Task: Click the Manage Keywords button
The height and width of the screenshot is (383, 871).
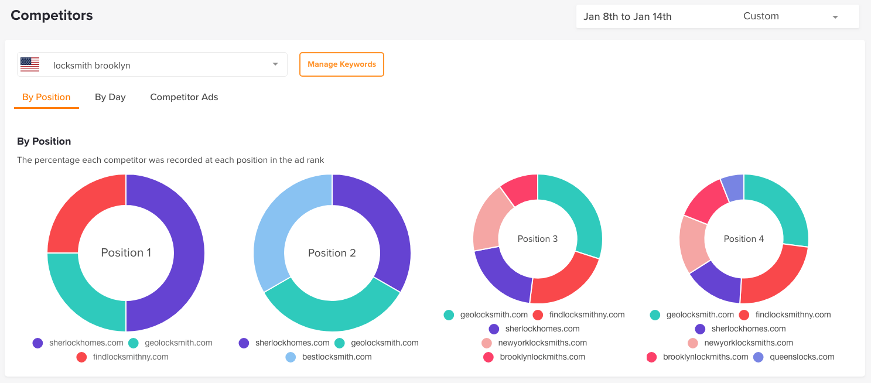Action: click(x=341, y=64)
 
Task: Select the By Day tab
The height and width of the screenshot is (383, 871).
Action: click(x=110, y=97)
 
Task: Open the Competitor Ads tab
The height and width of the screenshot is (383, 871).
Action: click(x=184, y=97)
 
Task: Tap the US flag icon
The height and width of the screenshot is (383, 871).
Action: click(x=29, y=64)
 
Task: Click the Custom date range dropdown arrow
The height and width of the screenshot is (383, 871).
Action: click(x=835, y=17)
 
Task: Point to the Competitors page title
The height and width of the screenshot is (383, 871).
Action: click(x=52, y=15)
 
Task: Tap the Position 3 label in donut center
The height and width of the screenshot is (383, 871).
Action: click(x=538, y=239)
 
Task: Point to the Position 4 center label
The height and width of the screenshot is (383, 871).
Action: click(x=744, y=239)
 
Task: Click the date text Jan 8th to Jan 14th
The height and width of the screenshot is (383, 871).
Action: click(x=627, y=16)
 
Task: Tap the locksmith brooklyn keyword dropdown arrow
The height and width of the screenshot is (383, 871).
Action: click(x=275, y=64)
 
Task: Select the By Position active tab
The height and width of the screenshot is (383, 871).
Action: click(x=46, y=97)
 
